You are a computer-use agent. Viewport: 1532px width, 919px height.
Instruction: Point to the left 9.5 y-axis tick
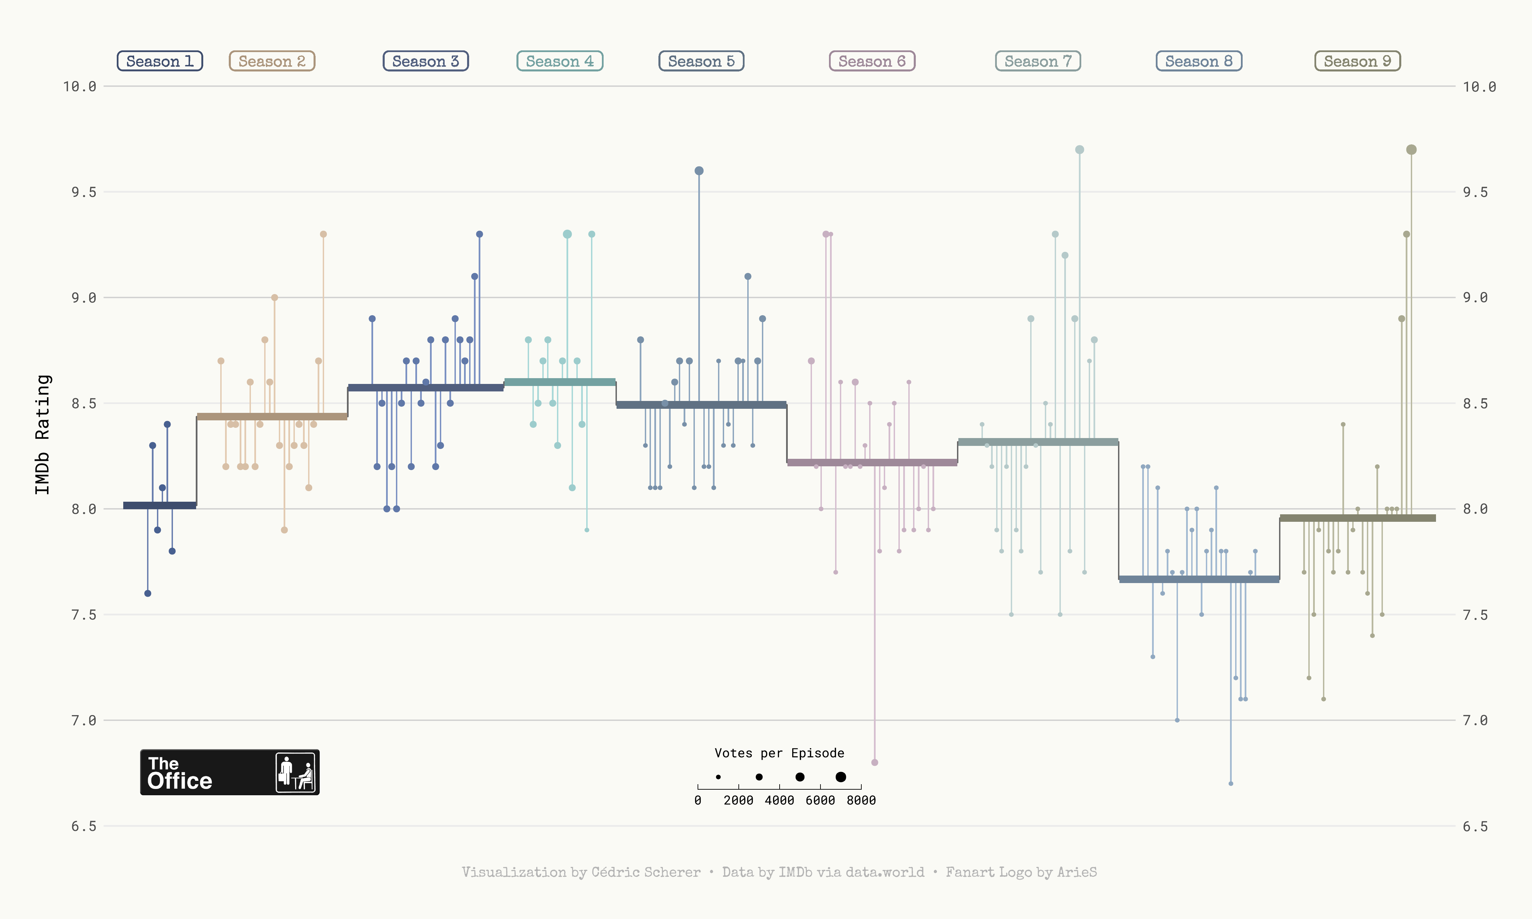(84, 192)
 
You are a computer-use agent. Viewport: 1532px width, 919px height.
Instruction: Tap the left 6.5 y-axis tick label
(84, 826)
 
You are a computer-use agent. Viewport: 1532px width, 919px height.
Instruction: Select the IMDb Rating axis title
(42, 434)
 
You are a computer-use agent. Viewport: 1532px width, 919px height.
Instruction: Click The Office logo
(230, 772)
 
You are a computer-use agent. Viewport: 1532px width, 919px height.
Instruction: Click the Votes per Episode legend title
(779, 753)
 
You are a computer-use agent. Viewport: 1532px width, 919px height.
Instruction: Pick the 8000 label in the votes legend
(861, 800)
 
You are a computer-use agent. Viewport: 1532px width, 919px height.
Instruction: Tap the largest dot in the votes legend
(840, 777)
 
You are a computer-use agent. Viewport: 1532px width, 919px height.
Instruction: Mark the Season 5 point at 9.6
(699, 171)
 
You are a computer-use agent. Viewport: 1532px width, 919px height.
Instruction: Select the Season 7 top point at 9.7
(1079, 150)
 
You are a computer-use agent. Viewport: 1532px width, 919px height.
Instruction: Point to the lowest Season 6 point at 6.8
(874, 762)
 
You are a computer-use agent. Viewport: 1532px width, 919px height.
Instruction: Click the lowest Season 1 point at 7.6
(147, 593)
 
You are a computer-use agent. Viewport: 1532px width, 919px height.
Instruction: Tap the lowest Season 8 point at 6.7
(1230, 784)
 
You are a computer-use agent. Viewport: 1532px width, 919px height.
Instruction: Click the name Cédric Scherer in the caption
(646, 872)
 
